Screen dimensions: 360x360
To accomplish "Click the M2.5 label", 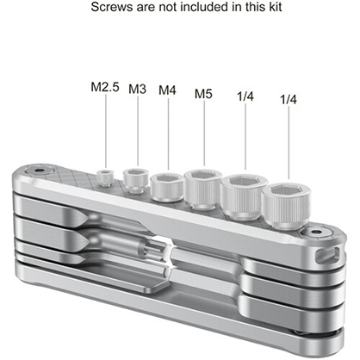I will click(105, 86).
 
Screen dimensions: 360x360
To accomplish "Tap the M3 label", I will click(138, 89).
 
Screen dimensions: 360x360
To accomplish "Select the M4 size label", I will click(167, 89).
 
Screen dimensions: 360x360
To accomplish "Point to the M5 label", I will click(203, 92).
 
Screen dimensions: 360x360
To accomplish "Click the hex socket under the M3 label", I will click(135, 179).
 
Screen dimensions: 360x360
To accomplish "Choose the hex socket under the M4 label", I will click(166, 184).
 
